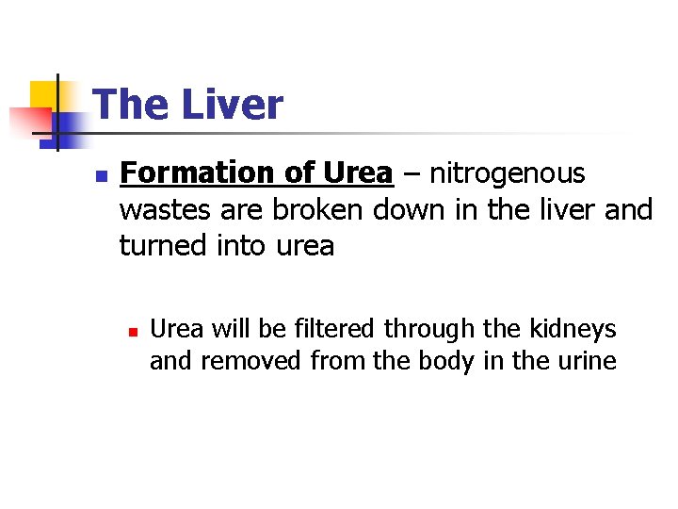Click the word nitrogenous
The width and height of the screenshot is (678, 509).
[508, 173]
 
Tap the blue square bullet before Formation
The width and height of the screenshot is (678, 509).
[103, 175]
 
